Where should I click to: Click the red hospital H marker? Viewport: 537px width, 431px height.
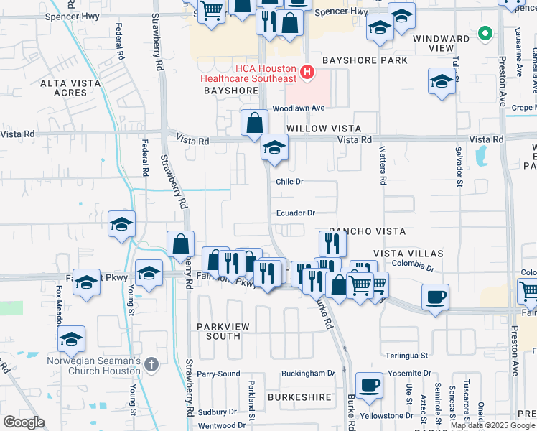click(x=307, y=72)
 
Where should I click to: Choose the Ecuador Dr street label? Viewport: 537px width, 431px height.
click(x=296, y=213)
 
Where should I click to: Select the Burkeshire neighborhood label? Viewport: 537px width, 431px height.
click(x=299, y=397)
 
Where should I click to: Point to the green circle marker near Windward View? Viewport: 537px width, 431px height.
click(x=485, y=34)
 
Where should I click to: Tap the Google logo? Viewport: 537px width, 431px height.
click(x=24, y=422)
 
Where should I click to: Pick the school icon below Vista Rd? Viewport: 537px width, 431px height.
click(x=274, y=149)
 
